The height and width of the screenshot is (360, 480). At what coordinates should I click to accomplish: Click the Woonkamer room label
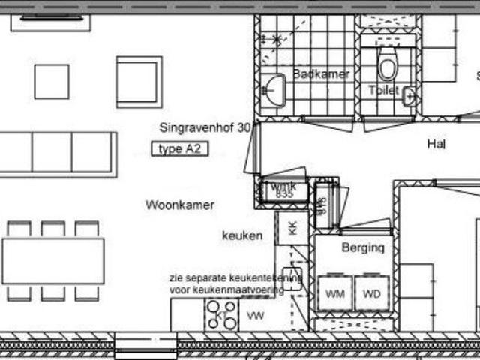pyautogui.click(x=180, y=205)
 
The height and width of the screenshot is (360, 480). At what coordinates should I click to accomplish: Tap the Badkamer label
pyautogui.click(x=321, y=73)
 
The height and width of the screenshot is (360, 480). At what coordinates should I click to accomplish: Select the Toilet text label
pyautogui.click(x=383, y=90)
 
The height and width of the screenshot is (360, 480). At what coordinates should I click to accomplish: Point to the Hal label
pyautogui.click(x=436, y=143)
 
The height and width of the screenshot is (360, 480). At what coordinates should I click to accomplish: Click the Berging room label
pyautogui.click(x=363, y=247)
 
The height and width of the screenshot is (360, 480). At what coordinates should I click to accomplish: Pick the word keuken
pyautogui.click(x=242, y=235)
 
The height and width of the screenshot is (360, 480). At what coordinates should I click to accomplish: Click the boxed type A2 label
pyautogui.click(x=180, y=149)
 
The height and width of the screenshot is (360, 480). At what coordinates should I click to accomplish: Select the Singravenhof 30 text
pyautogui.click(x=205, y=127)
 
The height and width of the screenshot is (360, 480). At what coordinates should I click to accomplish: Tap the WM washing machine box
pyautogui.click(x=334, y=293)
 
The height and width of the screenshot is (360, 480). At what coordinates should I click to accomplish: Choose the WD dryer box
pyautogui.click(x=372, y=293)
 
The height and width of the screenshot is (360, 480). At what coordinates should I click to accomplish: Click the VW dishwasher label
pyautogui.click(x=256, y=315)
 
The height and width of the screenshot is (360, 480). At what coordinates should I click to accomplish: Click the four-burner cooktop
pyautogui.click(x=222, y=315)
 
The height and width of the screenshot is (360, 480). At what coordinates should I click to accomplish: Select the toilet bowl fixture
pyautogui.click(x=387, y=66)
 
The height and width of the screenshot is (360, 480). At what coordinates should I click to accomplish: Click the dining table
pyautogui.click(x=52, y=261)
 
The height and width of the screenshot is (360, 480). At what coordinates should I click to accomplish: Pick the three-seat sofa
pyautogui.click(x=57, y=153)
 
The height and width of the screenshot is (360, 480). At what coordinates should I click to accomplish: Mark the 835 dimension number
pyautogui.click(x=283, y=194)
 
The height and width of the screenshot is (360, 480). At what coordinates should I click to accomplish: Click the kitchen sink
pyautogui.click(x=292, y=278)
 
